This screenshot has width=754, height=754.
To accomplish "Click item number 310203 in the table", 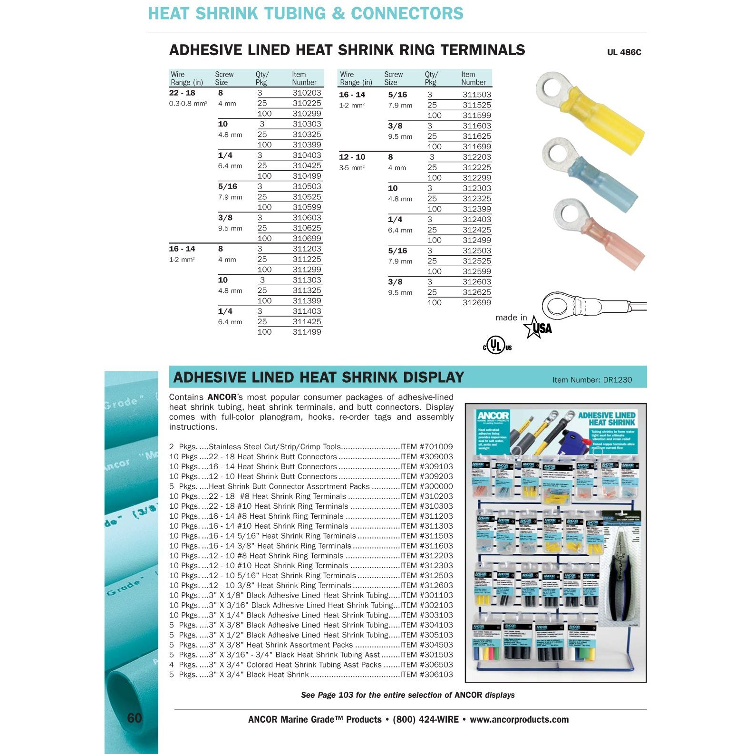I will click(x=307, y=93).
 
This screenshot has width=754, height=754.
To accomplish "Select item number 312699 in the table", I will click(x=476, y=303).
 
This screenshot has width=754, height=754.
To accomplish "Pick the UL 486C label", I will click(x=624, y=52).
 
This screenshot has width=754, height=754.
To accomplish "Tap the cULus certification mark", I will click(x=497, y=345).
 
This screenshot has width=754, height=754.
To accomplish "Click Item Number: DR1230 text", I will click(x=592, y=380).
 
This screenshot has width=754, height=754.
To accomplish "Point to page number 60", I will click(x=135, y=718).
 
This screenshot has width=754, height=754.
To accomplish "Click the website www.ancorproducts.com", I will click(x=519, y=720).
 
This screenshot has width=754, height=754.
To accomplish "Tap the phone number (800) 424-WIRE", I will click(x=425, y=720).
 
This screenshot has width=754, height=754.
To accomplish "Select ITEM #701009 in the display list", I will click(x=426, y=447).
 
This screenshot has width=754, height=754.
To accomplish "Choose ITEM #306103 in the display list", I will click(x=426, y=675).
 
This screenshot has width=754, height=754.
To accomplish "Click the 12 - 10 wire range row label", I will click(x=352, y=157).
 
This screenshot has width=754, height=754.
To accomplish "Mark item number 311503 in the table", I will click(x=476, y=95).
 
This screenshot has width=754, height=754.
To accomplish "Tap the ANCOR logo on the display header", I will click(x=493, y=416).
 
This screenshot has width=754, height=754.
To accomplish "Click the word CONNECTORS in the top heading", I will click(x=407, y=14).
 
